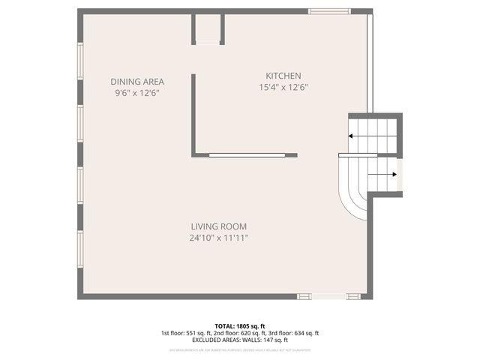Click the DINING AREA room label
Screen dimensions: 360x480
click(x=136, y=82)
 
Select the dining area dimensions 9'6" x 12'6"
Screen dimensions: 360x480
click(x=136, y=93)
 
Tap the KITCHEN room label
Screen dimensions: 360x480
click(x=283, y=76)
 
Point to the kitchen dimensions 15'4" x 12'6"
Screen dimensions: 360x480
click(x=283, y=87)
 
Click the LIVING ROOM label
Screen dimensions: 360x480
click(x=218, y=226)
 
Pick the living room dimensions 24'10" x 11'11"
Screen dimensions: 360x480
click(x=218, y=238)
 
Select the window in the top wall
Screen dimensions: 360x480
click(x=330, y=11)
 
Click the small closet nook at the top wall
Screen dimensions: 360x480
click(x=208, y=28)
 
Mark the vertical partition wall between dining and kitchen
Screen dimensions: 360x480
click(x=193, y=112)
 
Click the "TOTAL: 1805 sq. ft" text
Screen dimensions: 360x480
click(x=240, y=325)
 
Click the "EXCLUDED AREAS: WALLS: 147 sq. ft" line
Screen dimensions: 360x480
click(x=240, y=340)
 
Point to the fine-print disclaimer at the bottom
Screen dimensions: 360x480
click(x=240, y=349)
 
